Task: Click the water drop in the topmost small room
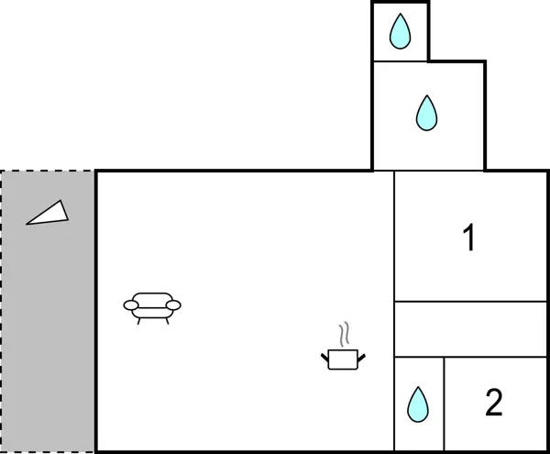(x=400, y=32)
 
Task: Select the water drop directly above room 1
(x=426, y=112)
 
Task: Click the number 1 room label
(x=469, y=239)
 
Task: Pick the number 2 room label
(x=494, y=403)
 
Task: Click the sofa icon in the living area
(x=152, y=305)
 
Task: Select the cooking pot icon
(x=344, y=357)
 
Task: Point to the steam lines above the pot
(x=344, y=331)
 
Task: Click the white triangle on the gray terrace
(x=49, y=214)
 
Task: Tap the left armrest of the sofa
(x=130, y=305)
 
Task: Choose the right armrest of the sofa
(x=173, y=305)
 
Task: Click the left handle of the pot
(x=325, y=354)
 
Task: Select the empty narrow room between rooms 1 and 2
(x=469, y=329)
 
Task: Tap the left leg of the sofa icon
(x=137, y=319)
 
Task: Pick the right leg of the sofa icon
(x=168, y=319)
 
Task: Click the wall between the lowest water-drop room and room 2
(x=445, y=404)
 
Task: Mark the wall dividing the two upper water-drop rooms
(x=401, y=61)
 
